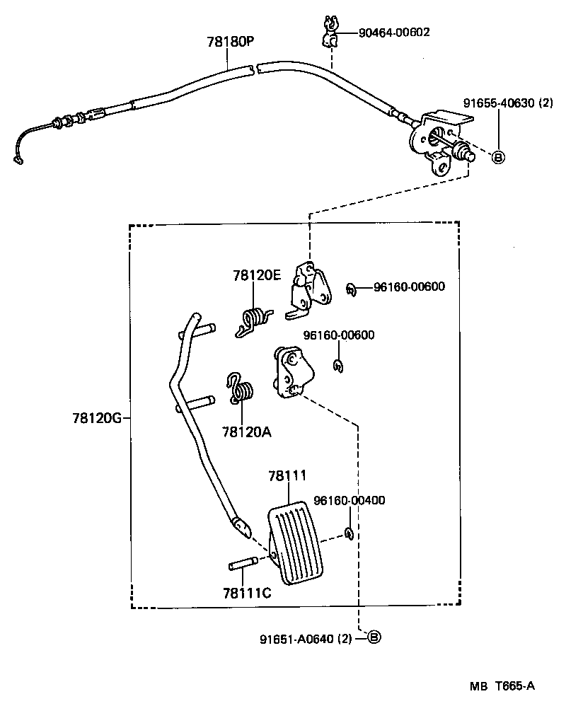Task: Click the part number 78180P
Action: (x=230, y=41)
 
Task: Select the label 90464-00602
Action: (x=393, y=33)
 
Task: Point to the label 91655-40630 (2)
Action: (x=507, y=103)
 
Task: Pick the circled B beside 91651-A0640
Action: (x=374, y=637)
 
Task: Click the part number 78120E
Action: (x=258, y=275)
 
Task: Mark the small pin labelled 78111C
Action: (x=245, y=564)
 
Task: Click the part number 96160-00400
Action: (x=349, y=500)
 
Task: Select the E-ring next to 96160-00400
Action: (x=349, y=533)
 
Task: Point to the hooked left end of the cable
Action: (x=18, y=160)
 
